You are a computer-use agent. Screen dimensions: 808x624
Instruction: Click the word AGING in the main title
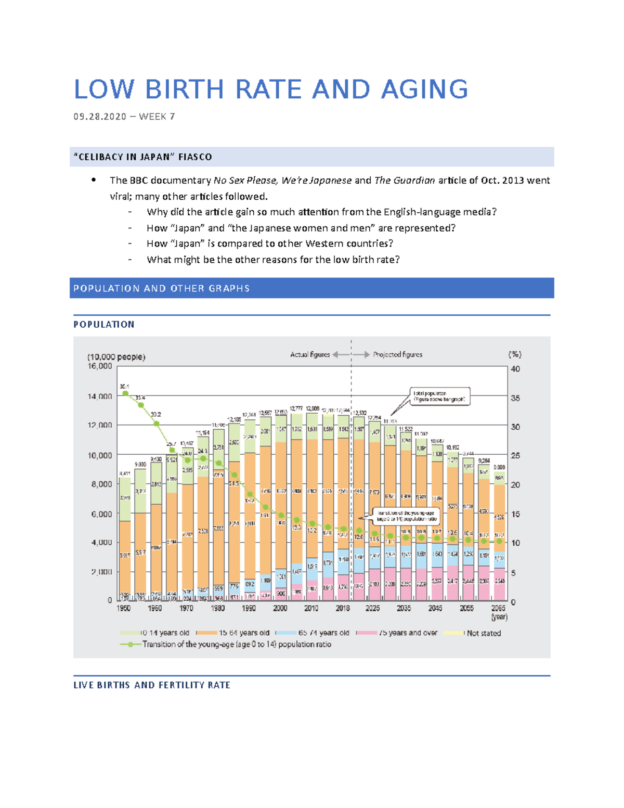pos(424,89)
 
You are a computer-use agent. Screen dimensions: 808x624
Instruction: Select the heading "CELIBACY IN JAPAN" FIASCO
pos(142,157)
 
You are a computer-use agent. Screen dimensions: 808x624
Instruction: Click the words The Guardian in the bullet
pos(405,181)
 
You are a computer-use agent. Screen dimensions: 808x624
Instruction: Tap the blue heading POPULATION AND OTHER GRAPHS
pos(161,288)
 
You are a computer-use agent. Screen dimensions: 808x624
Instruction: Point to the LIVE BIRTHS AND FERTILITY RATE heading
pos(151,685)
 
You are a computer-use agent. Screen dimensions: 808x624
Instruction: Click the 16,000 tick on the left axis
pos(99,366)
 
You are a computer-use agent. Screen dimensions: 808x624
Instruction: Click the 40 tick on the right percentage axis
pos(515,369)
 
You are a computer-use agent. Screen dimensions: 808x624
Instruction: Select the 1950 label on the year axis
pos(124,608)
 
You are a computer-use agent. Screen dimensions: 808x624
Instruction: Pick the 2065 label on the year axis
pos(498,608)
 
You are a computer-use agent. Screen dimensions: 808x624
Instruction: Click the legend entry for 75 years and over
pos(408,633)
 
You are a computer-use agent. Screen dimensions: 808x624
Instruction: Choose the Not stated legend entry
pos(484,633)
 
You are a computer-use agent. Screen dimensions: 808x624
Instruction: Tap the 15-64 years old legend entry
pos(243,633)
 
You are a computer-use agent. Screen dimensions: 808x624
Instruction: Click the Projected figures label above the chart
pos(397,355)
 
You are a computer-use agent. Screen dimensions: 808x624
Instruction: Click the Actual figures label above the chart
pos(310,355)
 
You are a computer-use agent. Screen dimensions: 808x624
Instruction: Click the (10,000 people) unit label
pos(116,357)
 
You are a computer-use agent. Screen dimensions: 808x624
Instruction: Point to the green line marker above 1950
pos(125,394)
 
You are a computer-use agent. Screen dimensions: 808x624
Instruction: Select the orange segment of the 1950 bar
pos(125,557)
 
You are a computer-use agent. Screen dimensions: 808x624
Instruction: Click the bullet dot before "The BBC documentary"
pos(94,180)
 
